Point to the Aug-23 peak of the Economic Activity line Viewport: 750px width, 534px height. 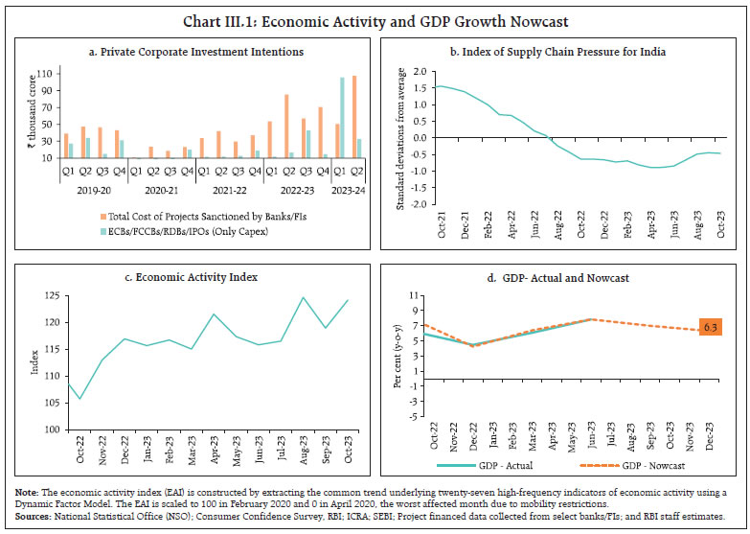coord(305,298)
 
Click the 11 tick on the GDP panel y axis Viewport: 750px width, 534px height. coord(415,295)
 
